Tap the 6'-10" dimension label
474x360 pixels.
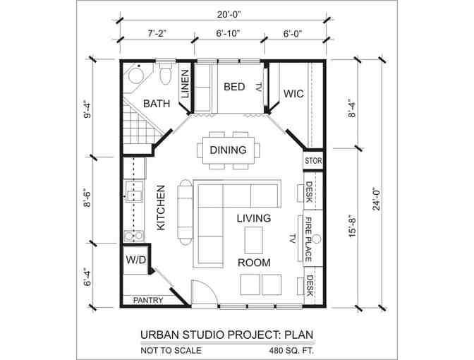pyautogui.click(x=228, y=33)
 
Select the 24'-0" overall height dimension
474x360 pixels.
pyautogui.click(x=377, y=198)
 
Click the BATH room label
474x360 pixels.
pyautogui.click(x=157, y=104)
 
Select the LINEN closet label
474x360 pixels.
pyautogui.click(x=185, y=84)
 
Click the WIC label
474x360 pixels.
pyautogui.click(x=293, y=93)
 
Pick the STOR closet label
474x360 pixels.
pyautogui.click(x=313, y=161)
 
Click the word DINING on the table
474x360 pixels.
pyautogui.click(x=229, y=150)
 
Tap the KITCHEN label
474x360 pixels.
pyautogui.click(x=161, y=208)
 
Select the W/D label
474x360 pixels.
pyautogui.click(x=135, y=260)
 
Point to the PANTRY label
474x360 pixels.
pyautogui.click(x=148, y=300)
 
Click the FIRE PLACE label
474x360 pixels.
pyautogui.click(x=309, y=239)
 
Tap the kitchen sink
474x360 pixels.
pyautogui.click(x=134, y=191)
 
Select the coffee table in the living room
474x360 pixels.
pyautogui.click(x=253, y=240)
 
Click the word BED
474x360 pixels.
pyautogui.click(x=234, y=87)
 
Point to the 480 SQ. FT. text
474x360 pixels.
pyautogui.click(x=292, y=351)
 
